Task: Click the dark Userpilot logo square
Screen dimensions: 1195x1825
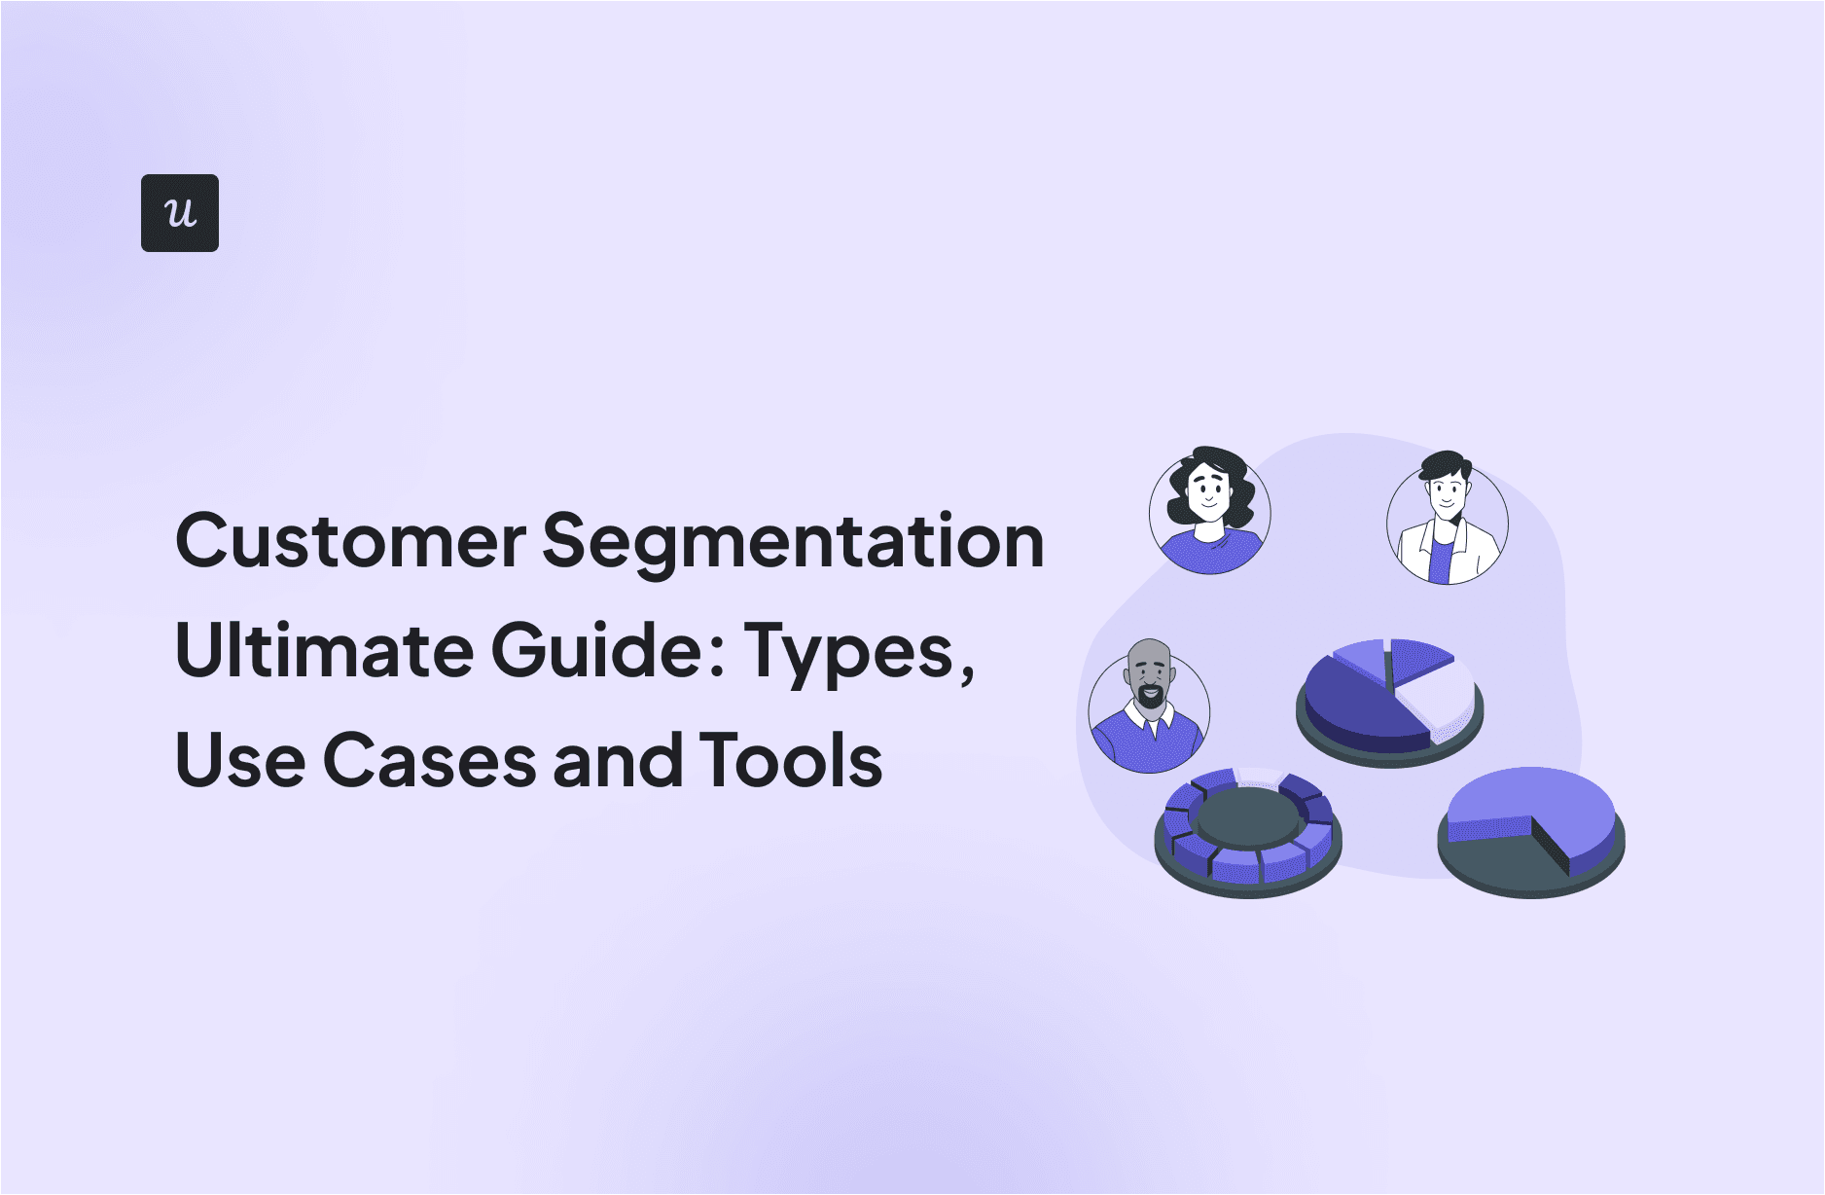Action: [x=180, y=213]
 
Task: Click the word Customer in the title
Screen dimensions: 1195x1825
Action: [x=350, y=541]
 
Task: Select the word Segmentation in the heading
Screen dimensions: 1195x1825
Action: [x=793, y=543]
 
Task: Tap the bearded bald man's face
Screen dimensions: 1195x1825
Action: [x=1150, y=681]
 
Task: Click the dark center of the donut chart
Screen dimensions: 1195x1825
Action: [x=1248, y=815]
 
